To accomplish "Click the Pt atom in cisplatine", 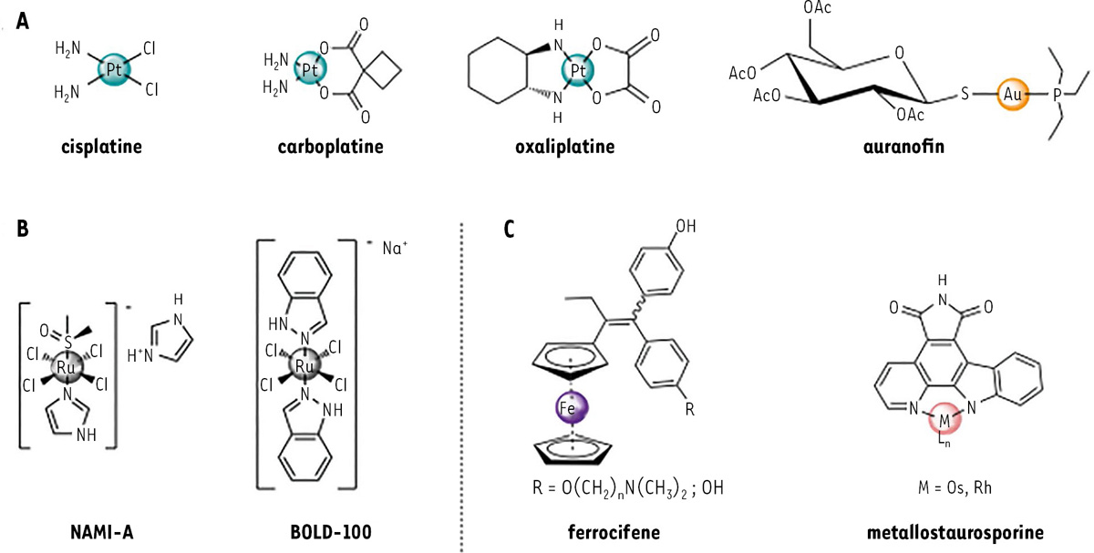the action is (114, 70).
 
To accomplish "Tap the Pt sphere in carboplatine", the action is (310, 69).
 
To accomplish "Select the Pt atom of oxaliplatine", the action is (578, 71).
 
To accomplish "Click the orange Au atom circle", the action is (1013, 94).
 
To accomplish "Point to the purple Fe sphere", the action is (572, 407).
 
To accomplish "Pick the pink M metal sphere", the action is (945, 419).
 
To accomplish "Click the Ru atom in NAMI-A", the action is (67, 367).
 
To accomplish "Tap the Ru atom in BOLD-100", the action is (304, 365).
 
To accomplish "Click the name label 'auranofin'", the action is (903, 147).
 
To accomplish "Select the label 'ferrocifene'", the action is (614, 531).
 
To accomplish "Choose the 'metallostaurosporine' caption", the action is (955, 532).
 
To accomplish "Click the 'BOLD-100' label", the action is (331, 532).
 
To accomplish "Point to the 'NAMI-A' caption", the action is (102, 532).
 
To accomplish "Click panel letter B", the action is (23, 229).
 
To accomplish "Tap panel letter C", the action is (509, 229).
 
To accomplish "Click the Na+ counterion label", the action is (395, 248).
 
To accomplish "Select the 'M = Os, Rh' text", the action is (955, 487).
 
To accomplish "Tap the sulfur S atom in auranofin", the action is (965, 93).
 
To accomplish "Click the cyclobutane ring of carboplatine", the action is (382, 70).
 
